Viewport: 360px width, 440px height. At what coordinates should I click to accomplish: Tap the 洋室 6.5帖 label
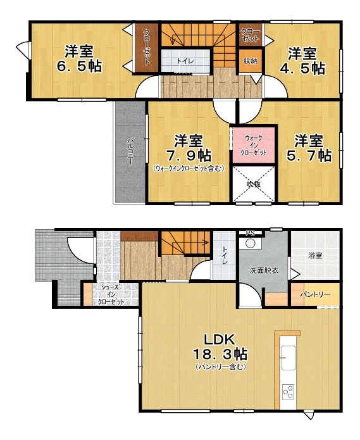[79, 58]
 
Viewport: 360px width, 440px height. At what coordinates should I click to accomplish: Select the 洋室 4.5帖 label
[303, 61]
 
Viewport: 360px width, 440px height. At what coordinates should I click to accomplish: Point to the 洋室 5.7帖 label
[309, 148]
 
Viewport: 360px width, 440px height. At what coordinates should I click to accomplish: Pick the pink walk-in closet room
[254, 145]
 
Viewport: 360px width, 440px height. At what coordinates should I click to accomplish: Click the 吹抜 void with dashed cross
[254, 184]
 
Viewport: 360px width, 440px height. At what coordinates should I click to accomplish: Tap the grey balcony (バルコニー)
[130, 151]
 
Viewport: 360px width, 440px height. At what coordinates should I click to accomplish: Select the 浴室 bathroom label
[315, 255]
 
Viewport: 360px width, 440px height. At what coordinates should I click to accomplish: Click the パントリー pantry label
[315, 294]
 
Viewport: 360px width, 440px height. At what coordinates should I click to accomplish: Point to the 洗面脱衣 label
[264, 271]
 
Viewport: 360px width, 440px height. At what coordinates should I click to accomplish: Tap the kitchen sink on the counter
[289, 358]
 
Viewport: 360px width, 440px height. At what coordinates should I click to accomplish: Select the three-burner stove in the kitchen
[289, 392]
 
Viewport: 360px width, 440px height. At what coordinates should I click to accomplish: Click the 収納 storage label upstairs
[251, 61]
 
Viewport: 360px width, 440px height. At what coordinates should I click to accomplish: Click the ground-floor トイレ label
[225, 255]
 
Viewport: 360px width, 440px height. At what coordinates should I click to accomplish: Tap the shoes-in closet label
[111, 294]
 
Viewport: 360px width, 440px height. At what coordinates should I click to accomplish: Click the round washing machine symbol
[250, 243]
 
